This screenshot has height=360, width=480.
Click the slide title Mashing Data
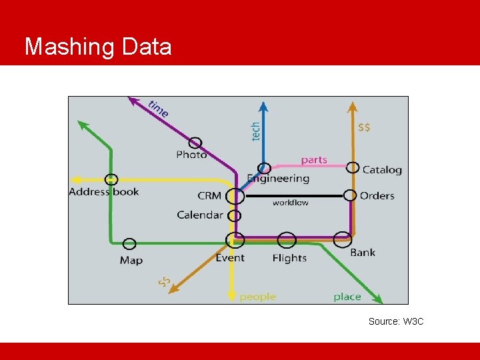pos(98,47)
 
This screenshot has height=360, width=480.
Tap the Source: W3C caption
pos(396,321)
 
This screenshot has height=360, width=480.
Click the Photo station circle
pos(195,143)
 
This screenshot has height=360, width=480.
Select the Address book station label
pos(104,192)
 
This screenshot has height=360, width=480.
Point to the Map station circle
pos(129,244)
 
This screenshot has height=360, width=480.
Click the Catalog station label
pos(382,170)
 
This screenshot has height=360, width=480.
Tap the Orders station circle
pos(350,195)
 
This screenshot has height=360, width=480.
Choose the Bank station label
pos(363,252)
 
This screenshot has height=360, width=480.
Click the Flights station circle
pos(287,240)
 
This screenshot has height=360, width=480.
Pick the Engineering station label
pos(278,179)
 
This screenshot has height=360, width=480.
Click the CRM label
pos(209,196)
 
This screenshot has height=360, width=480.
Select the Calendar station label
pos(200,215)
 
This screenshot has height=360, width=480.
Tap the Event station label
pos(230,258)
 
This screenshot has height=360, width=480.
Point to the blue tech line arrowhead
pos(264,106)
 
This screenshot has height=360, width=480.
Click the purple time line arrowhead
pos(133,101)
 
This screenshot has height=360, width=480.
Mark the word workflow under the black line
pos(291,203)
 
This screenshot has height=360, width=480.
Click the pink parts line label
pos(314,160)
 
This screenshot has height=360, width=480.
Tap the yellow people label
pos(257,297)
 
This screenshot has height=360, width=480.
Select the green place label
pos(347,297)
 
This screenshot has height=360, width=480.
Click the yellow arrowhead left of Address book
pos(75,180)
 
